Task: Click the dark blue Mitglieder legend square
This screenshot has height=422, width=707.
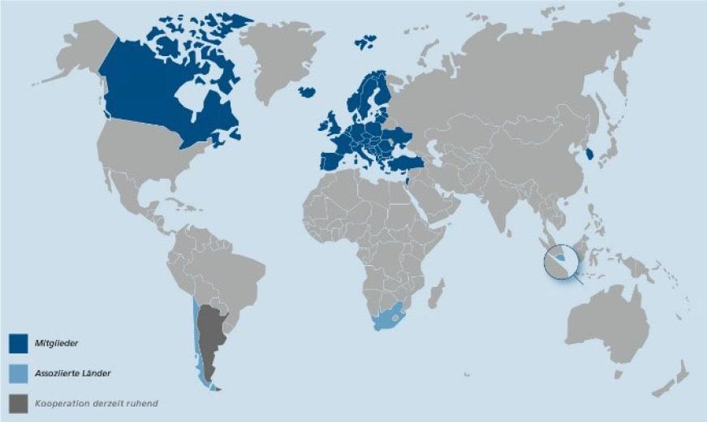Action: click(x=18, y=344)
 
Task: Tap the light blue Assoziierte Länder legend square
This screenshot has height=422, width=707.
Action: click(x=18, y=372)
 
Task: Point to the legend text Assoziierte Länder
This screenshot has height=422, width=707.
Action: click(x=73, y=372)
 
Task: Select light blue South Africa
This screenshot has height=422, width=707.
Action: click(x=390, y=318)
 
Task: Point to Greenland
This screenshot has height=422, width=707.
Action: click(x=280, y=57)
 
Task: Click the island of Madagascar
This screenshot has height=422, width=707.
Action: click(x=436, y=293)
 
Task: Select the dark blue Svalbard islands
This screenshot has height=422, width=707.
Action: click(x=367, y=39)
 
